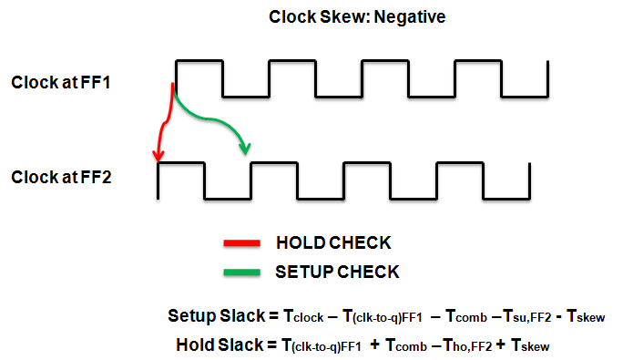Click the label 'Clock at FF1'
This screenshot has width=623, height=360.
(x=60, y=82)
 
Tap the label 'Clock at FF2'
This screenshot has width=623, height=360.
(x=60, y=177)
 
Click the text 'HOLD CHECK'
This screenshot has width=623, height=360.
(x=332, y=243)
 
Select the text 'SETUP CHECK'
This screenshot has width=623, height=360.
(x=337, y=271)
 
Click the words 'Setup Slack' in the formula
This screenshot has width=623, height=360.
(x=214, y=316)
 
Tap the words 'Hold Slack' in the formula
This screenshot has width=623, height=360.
(x=219, y=345)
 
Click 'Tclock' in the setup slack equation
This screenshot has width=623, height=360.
(x=305, y=318)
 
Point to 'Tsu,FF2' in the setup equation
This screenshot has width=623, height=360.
(x=521, y=318)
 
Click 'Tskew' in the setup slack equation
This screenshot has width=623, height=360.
(x=585, y=318)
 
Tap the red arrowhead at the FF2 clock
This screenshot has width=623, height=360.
(x=160, y=156)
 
